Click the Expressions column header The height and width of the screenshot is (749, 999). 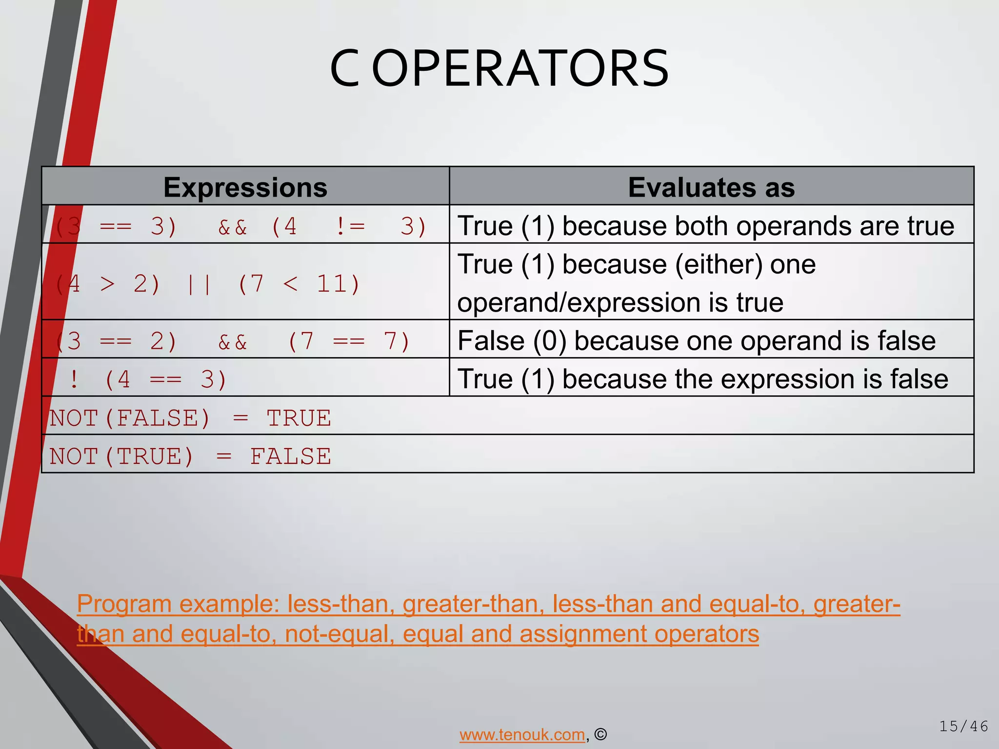coord(245,187)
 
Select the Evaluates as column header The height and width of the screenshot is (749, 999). coord(711,187)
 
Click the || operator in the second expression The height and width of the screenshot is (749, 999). coord(199,284)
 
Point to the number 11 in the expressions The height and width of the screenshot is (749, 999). coord(331,284)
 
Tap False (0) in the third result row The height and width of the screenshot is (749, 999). coord(511,341)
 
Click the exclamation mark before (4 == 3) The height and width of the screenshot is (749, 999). coord(74,379)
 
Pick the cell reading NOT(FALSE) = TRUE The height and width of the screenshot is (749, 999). coord(190,418)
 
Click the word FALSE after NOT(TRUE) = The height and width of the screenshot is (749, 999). coord(290,456)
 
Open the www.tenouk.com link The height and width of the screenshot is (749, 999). coord(522,734)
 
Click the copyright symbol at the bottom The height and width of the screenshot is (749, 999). coord(601,734)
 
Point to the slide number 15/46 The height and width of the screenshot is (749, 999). coord(963,727)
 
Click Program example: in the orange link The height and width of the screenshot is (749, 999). coord(178,604)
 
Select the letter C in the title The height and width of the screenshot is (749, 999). coord(344,69)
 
